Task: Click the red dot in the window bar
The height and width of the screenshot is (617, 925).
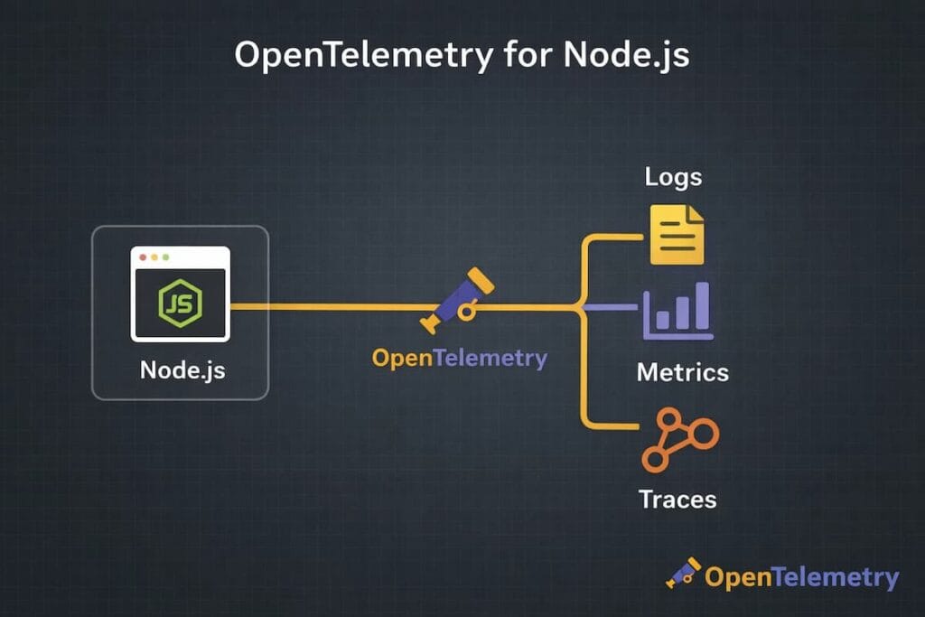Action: [143, 257]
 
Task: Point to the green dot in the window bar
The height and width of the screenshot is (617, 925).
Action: [165, 257]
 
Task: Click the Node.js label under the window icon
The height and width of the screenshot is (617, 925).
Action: [182, 369]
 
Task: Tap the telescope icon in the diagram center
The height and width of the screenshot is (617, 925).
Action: [459, 301]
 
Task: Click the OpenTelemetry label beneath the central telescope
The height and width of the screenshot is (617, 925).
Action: [459, 358]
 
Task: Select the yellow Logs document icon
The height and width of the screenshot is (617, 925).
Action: [677, 235]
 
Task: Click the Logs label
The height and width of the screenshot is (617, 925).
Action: [673, 176]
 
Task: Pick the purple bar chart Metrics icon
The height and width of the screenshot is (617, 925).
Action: [677, 312]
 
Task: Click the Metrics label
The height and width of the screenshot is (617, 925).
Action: [682, 372]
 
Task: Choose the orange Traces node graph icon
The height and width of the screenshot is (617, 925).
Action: [679, 439]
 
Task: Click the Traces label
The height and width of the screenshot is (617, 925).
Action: [677, 499]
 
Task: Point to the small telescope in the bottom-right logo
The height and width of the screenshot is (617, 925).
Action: [683, 573]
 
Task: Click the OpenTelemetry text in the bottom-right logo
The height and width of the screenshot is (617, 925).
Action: [801, 577]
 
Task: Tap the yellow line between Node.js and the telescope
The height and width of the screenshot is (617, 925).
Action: [325, 307]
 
